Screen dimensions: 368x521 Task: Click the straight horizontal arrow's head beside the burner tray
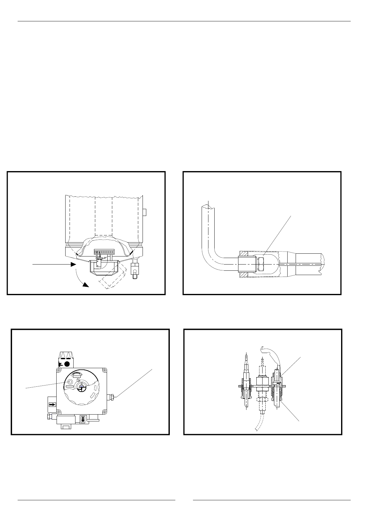[74, 264]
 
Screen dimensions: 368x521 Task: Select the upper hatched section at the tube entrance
[243, 253]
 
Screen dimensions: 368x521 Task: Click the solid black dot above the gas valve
[66, 364]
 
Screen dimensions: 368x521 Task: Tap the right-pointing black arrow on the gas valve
[52, 404]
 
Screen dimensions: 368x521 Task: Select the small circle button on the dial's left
[70, 382]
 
